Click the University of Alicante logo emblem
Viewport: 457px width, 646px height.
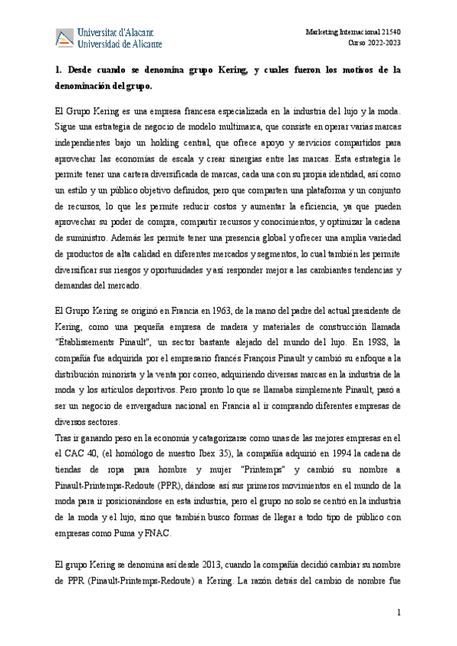66,37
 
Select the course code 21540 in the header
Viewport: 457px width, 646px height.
399,32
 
